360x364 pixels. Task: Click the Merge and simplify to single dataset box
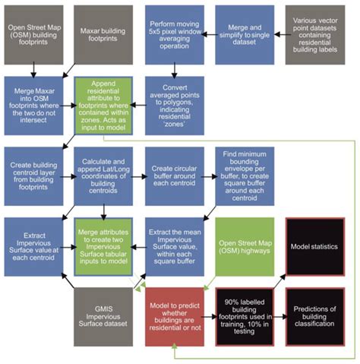point(243,34)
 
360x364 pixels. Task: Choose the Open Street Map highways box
point(243,245)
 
